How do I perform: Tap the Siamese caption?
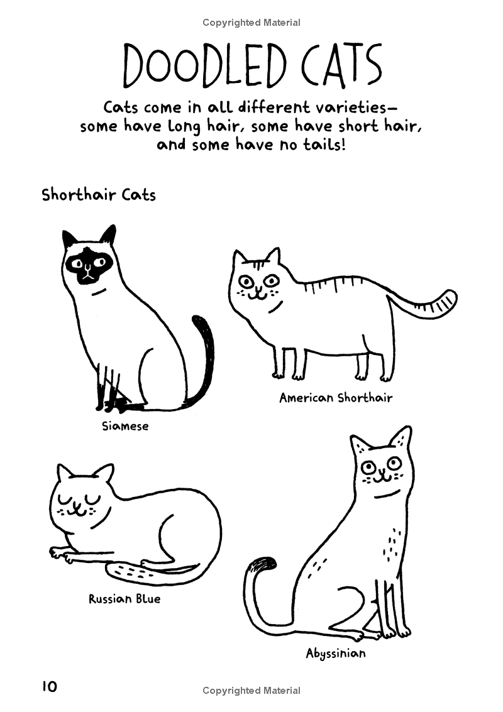125,426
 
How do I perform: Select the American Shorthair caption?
336,397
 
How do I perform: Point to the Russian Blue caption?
124,599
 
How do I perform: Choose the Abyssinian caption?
336,654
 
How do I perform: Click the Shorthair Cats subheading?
99,194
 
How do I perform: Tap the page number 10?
49,686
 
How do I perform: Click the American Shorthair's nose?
256,288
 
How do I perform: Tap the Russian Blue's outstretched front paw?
60,554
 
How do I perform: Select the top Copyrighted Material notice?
251,23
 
